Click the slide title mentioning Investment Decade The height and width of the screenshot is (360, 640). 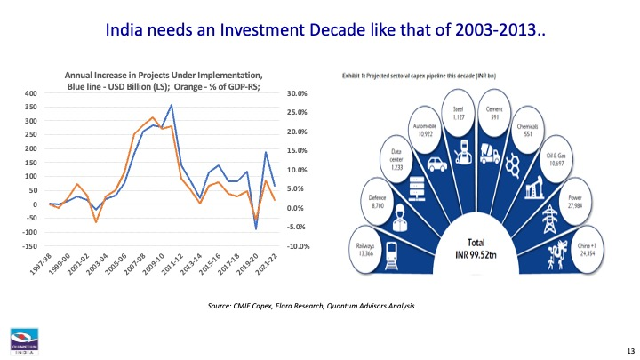325,31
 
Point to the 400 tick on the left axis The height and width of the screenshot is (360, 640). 31,93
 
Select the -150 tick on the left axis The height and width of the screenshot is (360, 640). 29,246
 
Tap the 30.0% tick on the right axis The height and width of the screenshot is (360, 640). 294,93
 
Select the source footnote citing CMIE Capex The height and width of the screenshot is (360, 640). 310,306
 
